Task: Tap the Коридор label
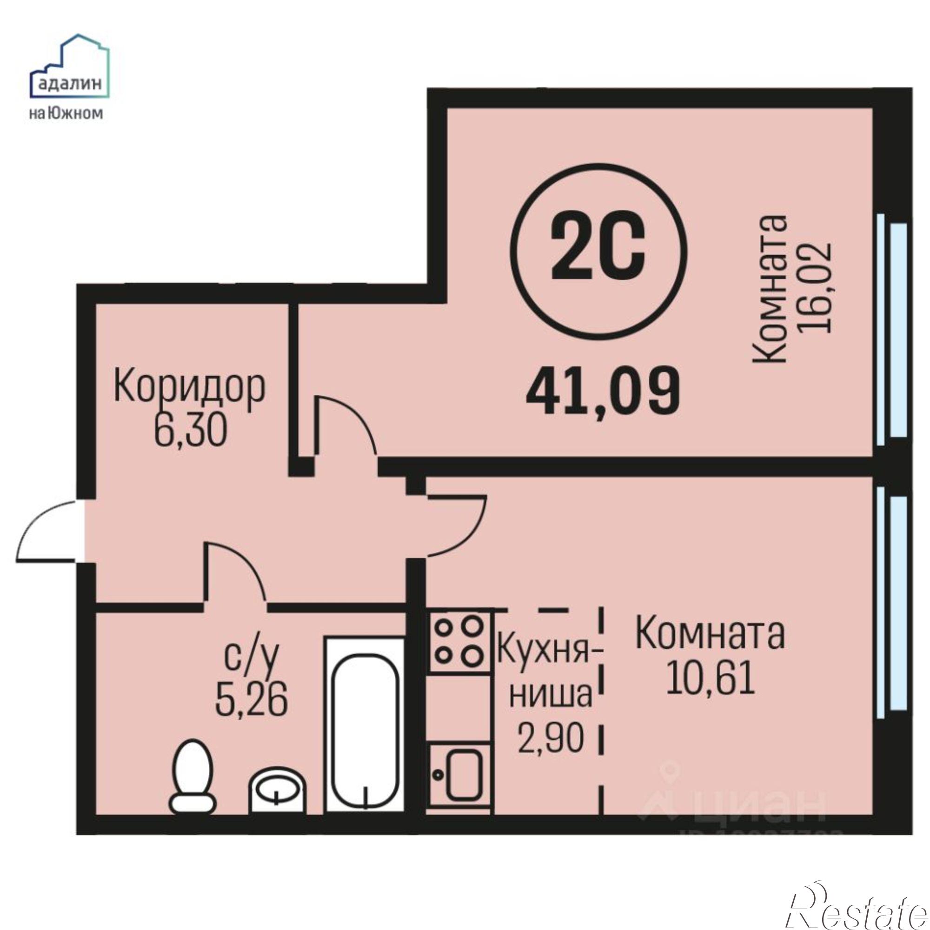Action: [189, 388]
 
